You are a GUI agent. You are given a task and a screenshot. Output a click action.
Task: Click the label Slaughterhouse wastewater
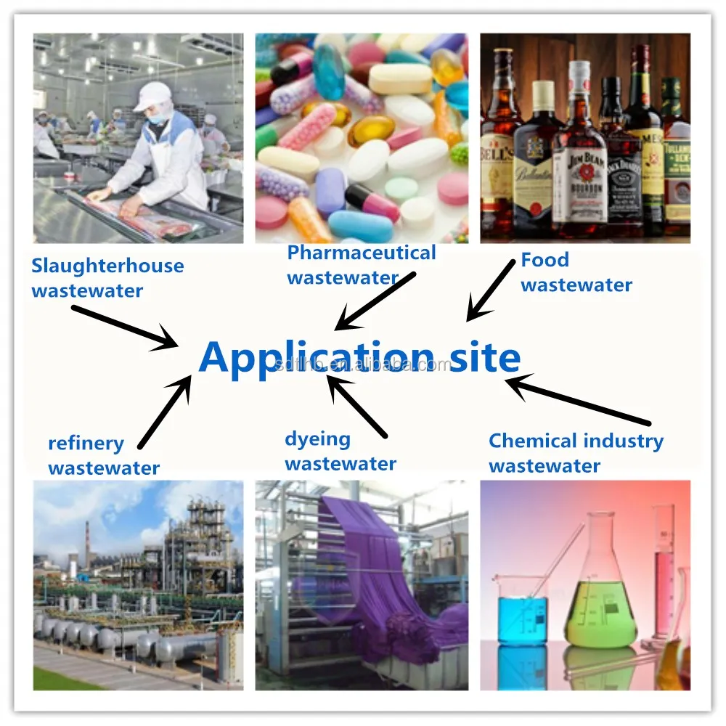pyautogui.click(x=107, y=278)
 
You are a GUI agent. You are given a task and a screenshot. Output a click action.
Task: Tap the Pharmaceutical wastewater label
pyautogui.click(x=361, y=264)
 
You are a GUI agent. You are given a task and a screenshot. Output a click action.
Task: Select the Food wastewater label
pyautogui.click(x=576, y=272)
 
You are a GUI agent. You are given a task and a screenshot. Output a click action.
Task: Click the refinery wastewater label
pyautogui.click(x=103, y=455)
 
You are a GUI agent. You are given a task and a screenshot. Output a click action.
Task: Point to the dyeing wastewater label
pyautogui.click(x=340, y=451)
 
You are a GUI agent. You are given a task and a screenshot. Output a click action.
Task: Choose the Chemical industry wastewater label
pyautogui.click(x=576, y=452)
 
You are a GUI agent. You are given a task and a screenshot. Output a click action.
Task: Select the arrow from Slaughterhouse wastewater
pyautogui.click(x=125, y=326)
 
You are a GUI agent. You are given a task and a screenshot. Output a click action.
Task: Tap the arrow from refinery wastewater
pyautogui.click(x=166, y=410)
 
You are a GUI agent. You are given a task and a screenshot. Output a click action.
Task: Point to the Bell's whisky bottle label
pyautogui.click(x=497, y=157)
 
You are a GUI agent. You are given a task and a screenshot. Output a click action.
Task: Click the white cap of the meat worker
pyautogui.click(x=152, y=95)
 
